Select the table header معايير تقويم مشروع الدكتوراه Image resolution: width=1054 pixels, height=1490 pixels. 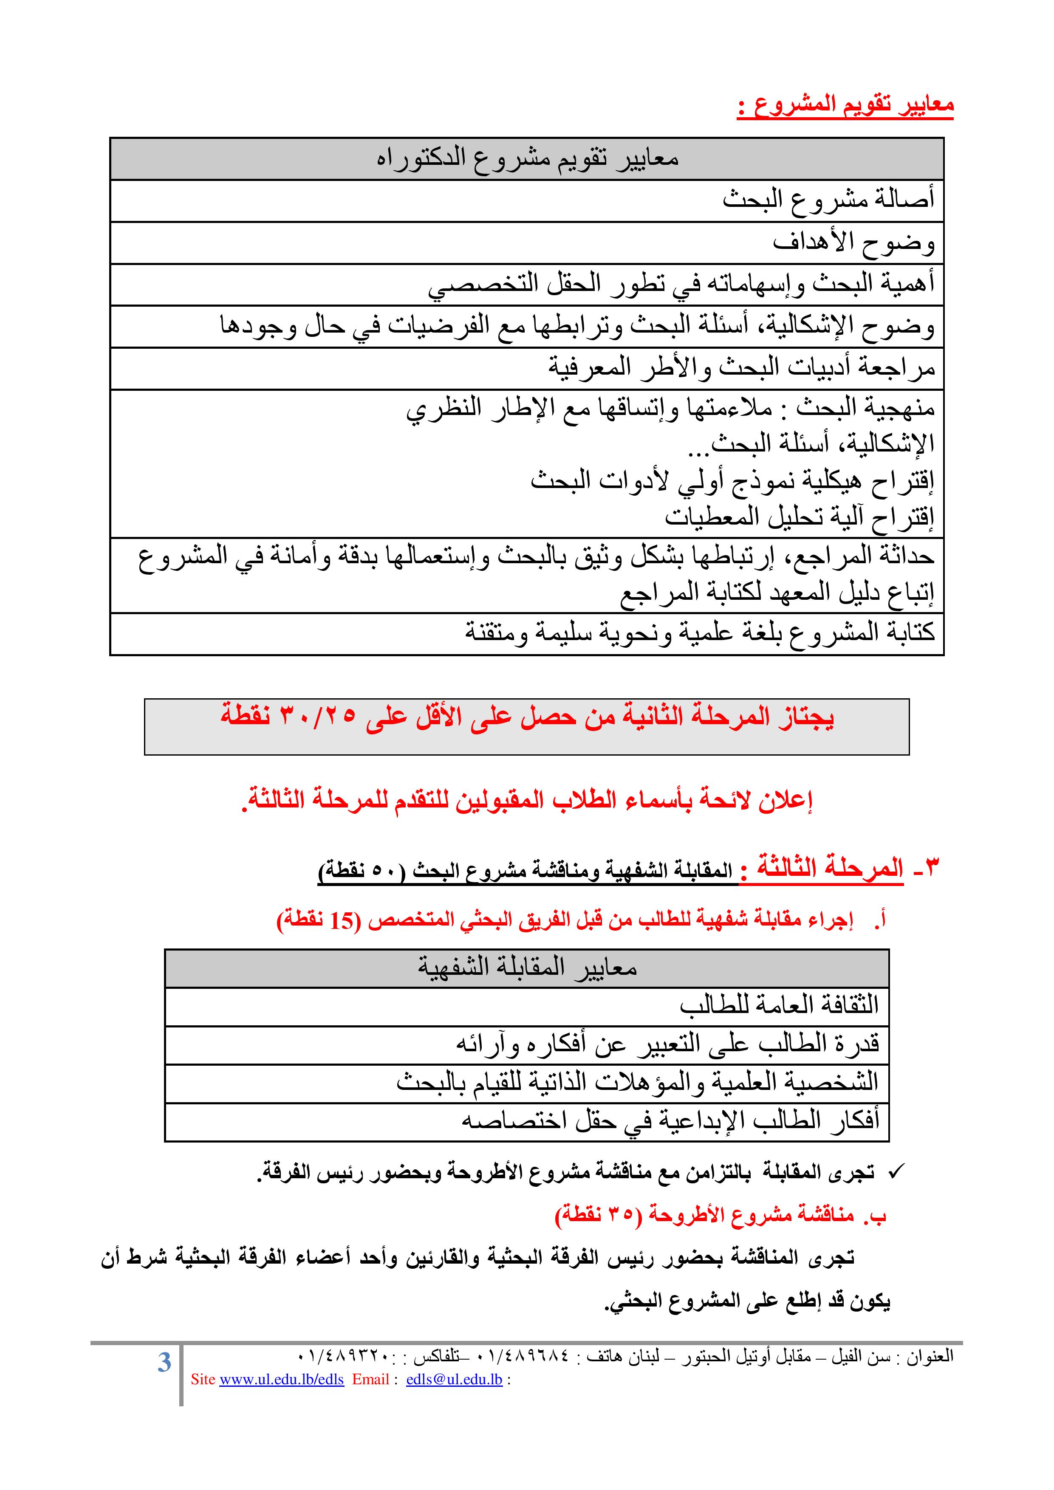(527, 158)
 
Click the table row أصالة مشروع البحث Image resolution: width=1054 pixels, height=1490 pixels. (828, 200)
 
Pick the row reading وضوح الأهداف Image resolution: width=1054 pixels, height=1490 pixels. (853, 242)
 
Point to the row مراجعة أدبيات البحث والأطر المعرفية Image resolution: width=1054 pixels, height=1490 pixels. (741, 368)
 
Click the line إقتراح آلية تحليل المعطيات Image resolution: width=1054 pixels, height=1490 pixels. (799, 516)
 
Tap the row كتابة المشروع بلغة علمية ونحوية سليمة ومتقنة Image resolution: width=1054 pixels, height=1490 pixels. (700, 632)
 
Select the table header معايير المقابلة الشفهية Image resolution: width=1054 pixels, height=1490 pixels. (527, 968)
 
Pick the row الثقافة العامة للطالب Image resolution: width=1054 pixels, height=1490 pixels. (779, 1005)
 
